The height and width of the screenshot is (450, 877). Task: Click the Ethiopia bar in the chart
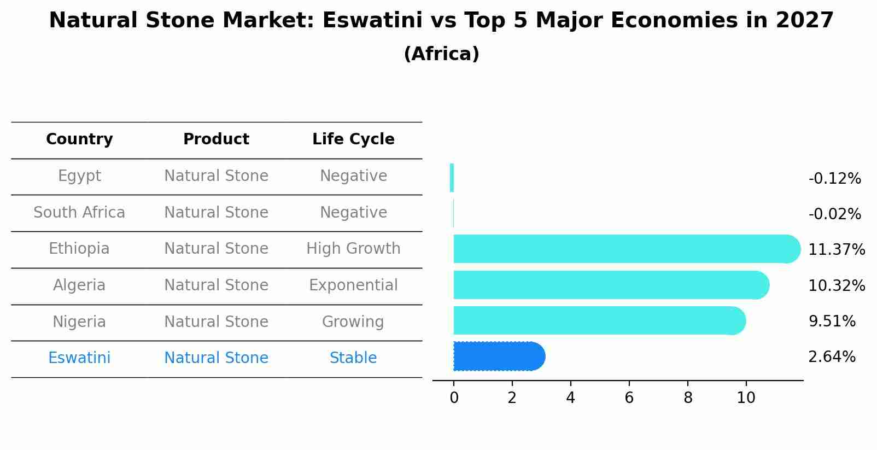coord(623,249)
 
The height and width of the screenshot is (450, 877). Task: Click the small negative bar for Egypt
coord(452,178)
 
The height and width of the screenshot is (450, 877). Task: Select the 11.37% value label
coord(836,250)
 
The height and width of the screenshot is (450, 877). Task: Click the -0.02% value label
coord(834,214)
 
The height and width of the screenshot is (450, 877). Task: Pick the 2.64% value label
coord(832,357)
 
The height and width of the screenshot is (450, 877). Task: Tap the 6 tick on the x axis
coord(629,398)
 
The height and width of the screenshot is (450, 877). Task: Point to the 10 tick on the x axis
coord(746,398)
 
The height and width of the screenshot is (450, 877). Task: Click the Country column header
coord(79,139)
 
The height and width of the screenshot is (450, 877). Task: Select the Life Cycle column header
coord(353,139)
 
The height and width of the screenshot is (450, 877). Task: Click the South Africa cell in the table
coord(79,213)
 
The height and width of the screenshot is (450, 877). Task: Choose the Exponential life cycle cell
coord(353,285)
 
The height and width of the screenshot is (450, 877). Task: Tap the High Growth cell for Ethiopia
coord(353,249)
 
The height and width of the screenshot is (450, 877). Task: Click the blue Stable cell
coord(353,358)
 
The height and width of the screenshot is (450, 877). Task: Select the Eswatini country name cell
coord(79,358)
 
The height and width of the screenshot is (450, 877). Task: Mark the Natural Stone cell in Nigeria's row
coord(216,322)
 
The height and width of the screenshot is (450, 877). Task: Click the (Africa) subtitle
coord(441,54)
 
